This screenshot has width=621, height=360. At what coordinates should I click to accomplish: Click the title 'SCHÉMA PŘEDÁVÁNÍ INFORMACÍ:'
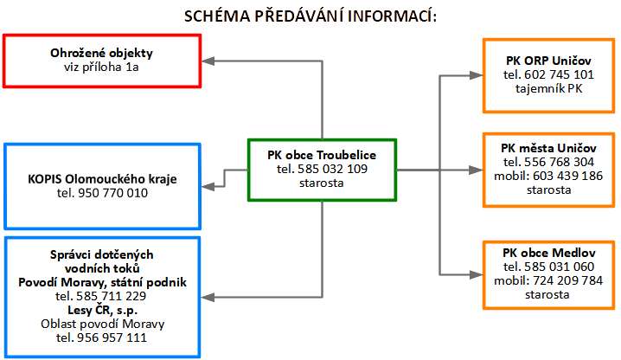point(310,16)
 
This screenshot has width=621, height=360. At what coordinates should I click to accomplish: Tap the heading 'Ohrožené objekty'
point(101,53)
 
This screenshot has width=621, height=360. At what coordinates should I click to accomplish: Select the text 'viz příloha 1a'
point(101,67)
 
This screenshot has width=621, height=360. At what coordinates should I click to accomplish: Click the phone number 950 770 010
point(113,193)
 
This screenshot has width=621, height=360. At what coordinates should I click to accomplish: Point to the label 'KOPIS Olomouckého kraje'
point(102,179)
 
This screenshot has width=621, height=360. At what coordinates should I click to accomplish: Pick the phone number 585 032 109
point(333,169)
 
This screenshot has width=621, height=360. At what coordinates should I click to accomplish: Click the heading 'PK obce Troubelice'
point(322,155)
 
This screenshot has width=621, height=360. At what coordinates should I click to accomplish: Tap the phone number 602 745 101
point(560,74)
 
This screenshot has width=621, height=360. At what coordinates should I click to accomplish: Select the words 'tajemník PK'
point(549,88)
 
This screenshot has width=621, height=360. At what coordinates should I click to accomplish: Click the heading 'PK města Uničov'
point(548,148)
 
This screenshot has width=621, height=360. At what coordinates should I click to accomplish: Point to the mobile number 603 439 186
point(568,176)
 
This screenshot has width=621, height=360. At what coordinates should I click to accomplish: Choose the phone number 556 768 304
point(560,162)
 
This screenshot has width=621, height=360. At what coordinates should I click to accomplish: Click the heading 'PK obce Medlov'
point(549,253)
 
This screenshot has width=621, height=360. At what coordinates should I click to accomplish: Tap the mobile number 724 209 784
point(568,280)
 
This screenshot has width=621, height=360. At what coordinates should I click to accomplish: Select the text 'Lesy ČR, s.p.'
point(102,310)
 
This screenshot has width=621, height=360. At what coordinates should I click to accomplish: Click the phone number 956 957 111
point(112,337)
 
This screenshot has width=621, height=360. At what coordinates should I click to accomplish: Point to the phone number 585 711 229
point(112,296)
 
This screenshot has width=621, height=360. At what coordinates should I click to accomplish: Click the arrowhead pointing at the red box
point(208,61)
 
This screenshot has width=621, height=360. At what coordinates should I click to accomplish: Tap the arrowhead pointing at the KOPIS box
point(208,186)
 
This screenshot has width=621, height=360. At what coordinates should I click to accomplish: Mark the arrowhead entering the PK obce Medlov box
point(476,274)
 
